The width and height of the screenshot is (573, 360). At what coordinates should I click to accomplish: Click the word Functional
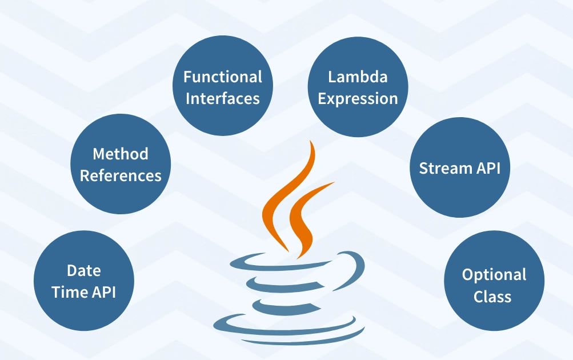click(x=223, y=77)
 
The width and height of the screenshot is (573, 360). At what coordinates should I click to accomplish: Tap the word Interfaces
click(x=223, y=98)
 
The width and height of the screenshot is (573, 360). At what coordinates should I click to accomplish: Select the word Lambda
click(x=358, y=77)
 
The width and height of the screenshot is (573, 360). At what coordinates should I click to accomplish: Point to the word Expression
click(x=358, y=98)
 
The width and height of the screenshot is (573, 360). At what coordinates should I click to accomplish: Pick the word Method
click(x=121, y=154)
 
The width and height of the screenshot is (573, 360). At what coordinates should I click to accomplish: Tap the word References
click(x=121, y=175)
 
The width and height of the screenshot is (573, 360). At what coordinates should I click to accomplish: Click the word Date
click(x=83, y=270)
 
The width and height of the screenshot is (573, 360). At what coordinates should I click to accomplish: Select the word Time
click(x=70, y=292)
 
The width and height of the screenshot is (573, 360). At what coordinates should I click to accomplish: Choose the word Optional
click(x=494, y=275)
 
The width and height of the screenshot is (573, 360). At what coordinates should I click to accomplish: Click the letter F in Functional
click(x=187, y=77)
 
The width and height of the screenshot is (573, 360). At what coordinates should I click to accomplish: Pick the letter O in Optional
click(x=468, y=275)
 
